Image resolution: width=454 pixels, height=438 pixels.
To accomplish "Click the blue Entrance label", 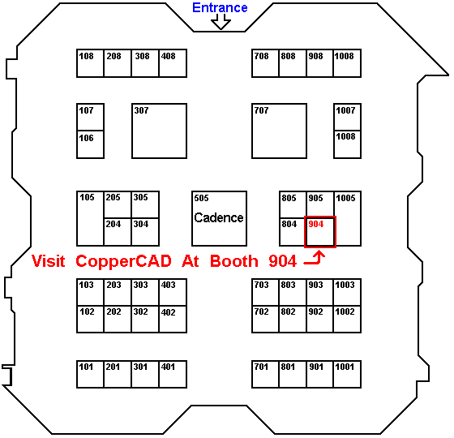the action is point(220,8).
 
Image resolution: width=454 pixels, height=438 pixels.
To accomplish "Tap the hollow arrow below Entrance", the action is point(221,22).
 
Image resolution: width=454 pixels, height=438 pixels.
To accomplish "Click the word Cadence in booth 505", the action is point(219,217).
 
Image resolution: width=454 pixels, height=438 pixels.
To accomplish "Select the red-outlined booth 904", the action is point(320,232).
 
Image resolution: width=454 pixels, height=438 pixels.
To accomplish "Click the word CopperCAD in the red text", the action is point(123,262).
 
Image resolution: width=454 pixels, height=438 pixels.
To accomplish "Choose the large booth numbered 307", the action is point(159,131).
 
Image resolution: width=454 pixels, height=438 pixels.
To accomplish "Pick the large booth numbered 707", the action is point(279,131).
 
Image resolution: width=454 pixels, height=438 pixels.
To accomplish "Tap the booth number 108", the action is point(86,56).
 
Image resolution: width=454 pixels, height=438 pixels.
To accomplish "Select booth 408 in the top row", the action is point(173,63).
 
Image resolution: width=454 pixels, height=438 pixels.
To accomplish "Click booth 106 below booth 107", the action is point(90,144).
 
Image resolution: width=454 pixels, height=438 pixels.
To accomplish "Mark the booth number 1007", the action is point(345,110).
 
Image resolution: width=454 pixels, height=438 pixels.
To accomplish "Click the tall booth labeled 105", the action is point(90,218).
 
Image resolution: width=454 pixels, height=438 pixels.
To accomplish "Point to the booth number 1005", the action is point(345,198).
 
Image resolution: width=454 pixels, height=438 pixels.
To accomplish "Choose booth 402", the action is point(173,320).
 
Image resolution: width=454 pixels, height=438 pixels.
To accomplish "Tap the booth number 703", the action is point(261,285).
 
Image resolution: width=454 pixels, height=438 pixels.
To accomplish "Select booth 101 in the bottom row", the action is point(90,374).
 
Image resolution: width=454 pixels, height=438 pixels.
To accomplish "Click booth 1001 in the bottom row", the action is point(347,374).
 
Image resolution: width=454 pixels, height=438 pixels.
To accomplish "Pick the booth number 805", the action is point(289,198).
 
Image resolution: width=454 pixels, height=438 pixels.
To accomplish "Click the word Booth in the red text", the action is point(234,261).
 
